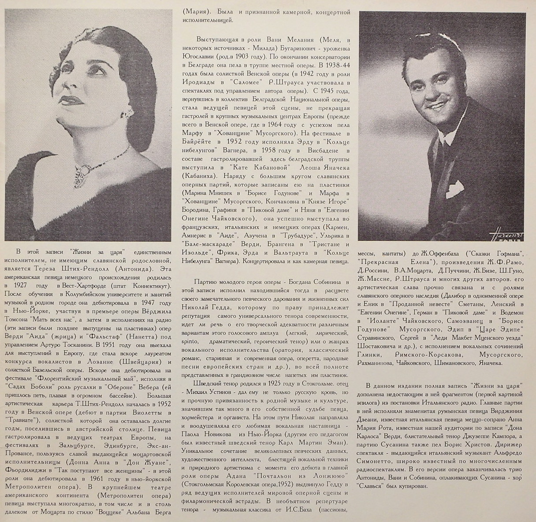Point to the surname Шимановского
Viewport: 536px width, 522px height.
pyautogui.click(x=455, y=363)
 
